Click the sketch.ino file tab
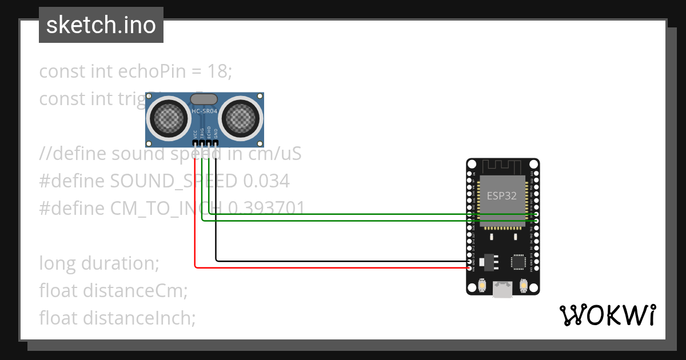[101, 25]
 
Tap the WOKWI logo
[607, 315]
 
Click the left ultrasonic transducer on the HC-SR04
[169, 118]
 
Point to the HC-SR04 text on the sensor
[205, 112]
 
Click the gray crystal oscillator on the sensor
[204, 100]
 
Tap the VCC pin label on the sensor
[196, 134]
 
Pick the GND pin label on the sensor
[216, 134]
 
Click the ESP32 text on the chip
[502, 195]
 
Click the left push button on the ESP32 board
[482, 285]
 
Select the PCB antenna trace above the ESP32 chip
[502, 166]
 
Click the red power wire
[332, 267]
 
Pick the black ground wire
[343, 261]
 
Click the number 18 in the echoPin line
[220, 71]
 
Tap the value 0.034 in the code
[266, 181]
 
